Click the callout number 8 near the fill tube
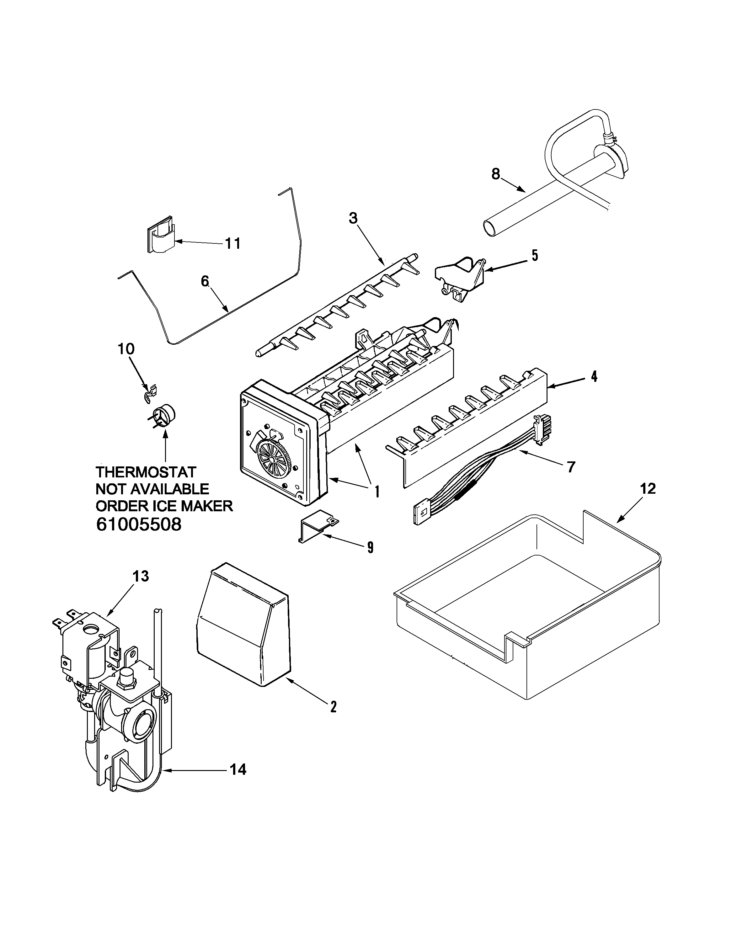pos(495,174)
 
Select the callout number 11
pos(233,243)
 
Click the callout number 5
pos(535,255)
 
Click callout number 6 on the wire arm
pos(205,281)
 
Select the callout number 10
pos(126,349)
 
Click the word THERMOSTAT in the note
pos(146,472)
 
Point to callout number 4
pos(594,376)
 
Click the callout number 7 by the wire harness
pos(571,467)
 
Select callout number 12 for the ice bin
pos(648,488)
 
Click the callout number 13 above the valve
pos(141,576)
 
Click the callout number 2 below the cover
pos(333,707)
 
